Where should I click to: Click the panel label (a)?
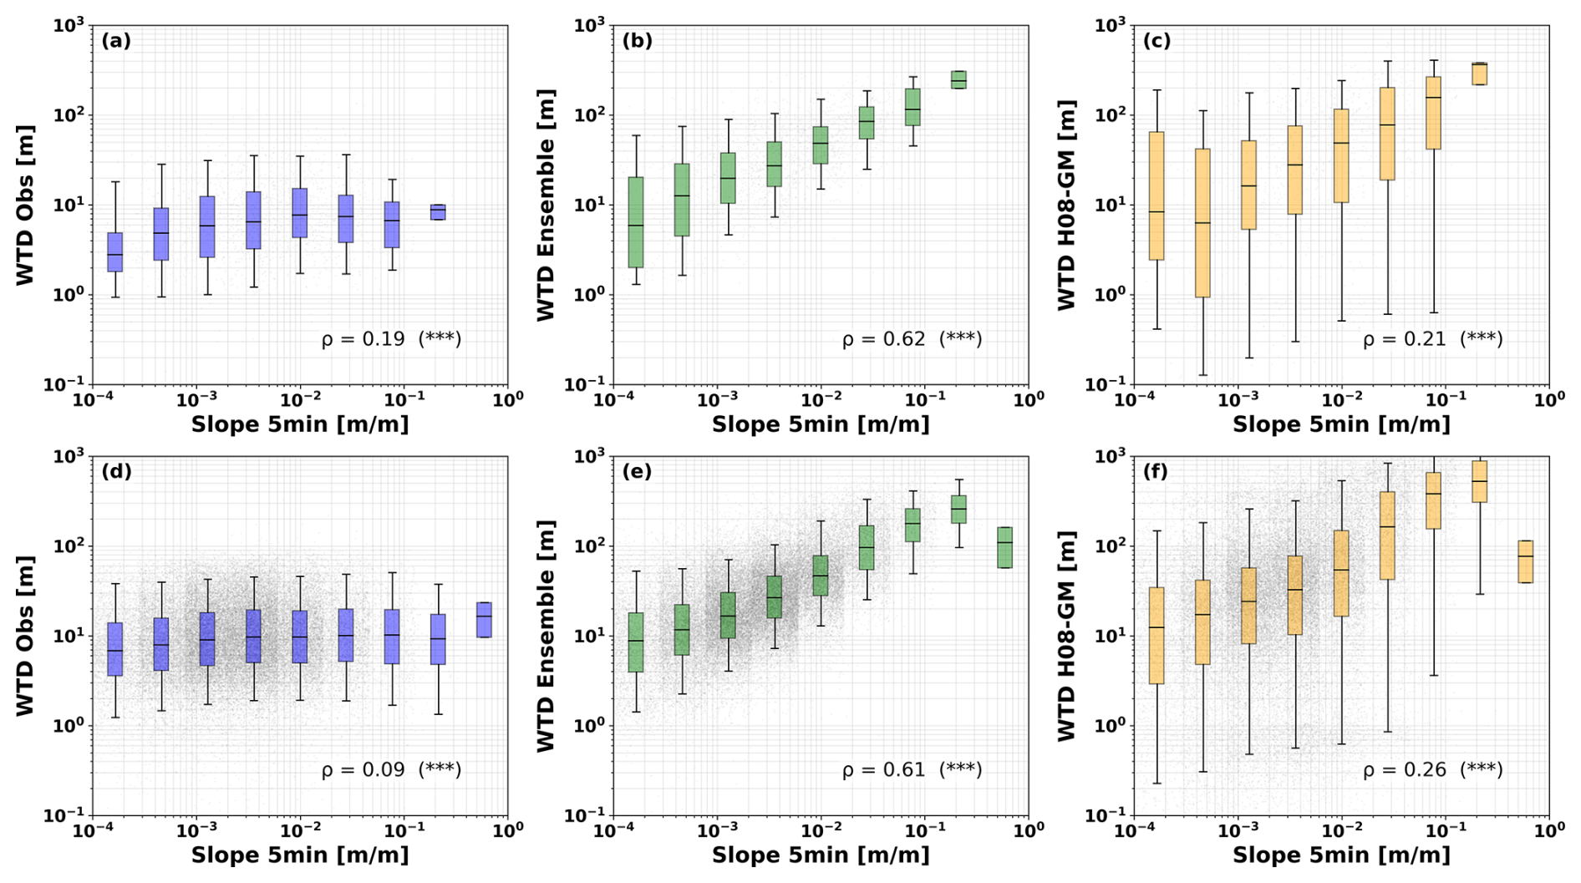pos(116,41)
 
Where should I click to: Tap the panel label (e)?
pos(637,471)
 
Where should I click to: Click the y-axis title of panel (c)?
pos(1066,205)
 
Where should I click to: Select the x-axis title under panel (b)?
pos(820,424)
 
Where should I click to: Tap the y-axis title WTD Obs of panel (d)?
pos(25,635)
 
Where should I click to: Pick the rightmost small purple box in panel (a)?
pos(438,212)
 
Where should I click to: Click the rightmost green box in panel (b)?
pos(958,79)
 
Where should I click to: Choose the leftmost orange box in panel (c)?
pos(1157,195)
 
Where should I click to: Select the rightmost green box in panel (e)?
pos(1004,547)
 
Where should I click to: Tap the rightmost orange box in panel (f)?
pos(1525,561)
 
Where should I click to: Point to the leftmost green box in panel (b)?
pos(636,222)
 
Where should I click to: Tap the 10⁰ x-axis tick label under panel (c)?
pos(1548,399)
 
